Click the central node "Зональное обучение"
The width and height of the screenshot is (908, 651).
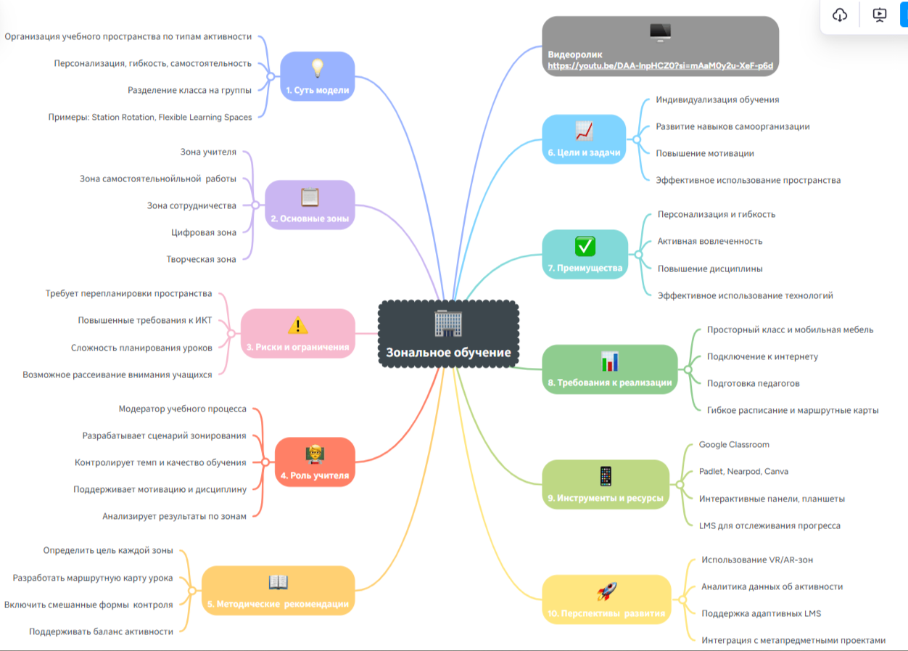point(448,353)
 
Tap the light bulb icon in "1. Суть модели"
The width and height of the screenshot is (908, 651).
point(317,67)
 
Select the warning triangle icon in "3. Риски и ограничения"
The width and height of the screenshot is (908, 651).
point(297,325)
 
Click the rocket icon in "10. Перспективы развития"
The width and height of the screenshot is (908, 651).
point(606,591)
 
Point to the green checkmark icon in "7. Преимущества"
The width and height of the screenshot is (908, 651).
point(585,246)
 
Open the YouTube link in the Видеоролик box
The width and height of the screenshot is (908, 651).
point(660,65)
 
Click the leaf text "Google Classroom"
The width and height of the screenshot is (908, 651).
point(734,444)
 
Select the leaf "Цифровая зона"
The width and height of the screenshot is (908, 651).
point(204,232)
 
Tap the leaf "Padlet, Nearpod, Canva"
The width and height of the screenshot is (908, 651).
point(743,471)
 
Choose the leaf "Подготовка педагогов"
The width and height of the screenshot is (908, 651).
point(753,383)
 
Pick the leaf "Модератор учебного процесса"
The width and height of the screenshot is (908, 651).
point(182,409)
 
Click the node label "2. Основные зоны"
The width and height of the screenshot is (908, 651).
point(310,218)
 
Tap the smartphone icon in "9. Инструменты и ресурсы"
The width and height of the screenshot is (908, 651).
point(606,477)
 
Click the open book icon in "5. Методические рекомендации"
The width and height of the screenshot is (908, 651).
point(278,582)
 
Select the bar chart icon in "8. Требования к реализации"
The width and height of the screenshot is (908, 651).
point(609,361)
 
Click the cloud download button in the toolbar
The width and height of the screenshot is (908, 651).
point(840,15)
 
